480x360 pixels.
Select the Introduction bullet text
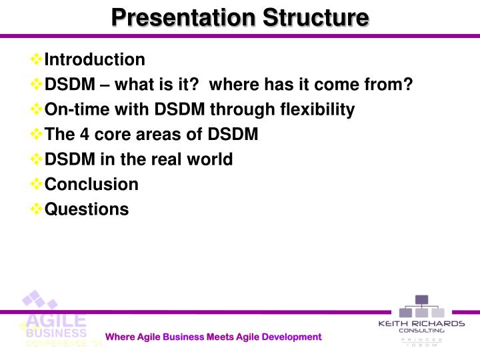94,59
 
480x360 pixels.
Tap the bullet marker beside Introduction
37,59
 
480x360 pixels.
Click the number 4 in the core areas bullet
84,135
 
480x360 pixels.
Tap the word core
110,135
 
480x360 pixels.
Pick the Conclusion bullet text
91,184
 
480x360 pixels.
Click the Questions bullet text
86,209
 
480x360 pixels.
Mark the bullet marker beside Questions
37,209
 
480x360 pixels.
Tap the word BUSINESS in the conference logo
56,333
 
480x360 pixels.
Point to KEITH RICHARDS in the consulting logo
421,323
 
